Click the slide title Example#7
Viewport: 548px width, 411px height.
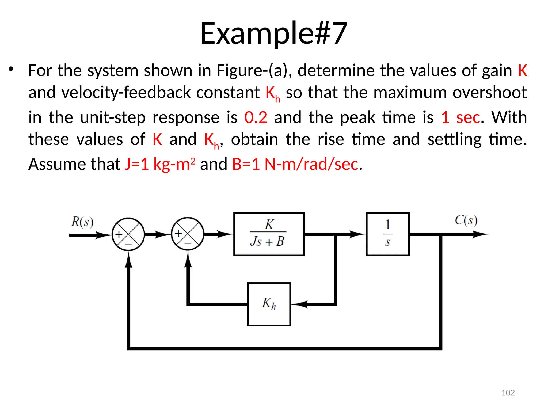(x=274, y=33)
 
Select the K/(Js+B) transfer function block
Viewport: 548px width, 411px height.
(x=269, y=234)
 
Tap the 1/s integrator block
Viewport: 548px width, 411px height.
(x=387, y=234)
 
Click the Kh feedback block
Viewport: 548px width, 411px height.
(x=269, y=304)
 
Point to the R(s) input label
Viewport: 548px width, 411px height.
(x=82, y=222)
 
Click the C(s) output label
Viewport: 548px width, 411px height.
(x=466, y=220)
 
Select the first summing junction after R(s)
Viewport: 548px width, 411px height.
(x=128, y=234)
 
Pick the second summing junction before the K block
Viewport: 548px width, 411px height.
(x=188, y=234)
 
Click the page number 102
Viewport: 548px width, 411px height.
(x=508, y=393)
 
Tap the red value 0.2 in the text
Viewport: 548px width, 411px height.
(x=256, y=117)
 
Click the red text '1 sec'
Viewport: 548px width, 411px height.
(x=461, y=117)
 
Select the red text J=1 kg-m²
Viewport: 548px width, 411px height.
(x=160, y=164)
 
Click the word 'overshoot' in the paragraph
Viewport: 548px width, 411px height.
(x=489, y=92)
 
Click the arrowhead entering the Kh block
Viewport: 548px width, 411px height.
(x=299, y=304)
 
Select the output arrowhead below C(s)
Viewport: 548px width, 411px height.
(x=481, y=234)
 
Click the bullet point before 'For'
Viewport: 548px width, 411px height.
(x=11, y=69)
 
